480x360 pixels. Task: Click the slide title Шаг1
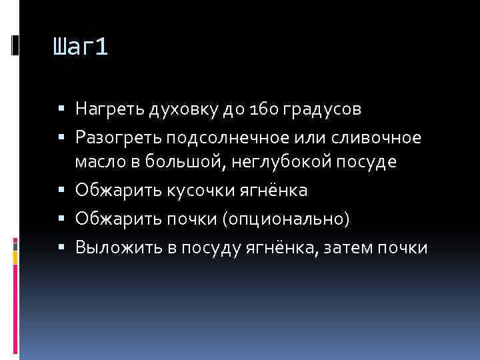79,49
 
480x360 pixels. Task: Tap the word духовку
173,108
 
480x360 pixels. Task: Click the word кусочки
204,191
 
